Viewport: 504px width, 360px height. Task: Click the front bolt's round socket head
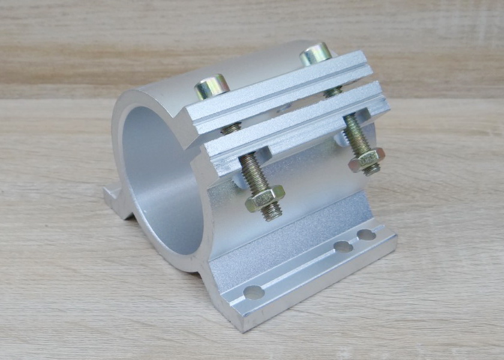coord(212,85)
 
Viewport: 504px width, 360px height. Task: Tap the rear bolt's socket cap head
coord(316,53)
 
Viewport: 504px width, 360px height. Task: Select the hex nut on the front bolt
coord(264,197)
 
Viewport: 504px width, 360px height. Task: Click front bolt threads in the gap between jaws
coord(232,127)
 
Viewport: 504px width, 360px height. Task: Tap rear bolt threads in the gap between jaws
coord(332,92)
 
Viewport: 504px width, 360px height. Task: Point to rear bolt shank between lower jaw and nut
coord(355,135)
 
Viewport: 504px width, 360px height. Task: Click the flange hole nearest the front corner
coord(254,293)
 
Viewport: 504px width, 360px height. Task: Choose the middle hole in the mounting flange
coord(343,246)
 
